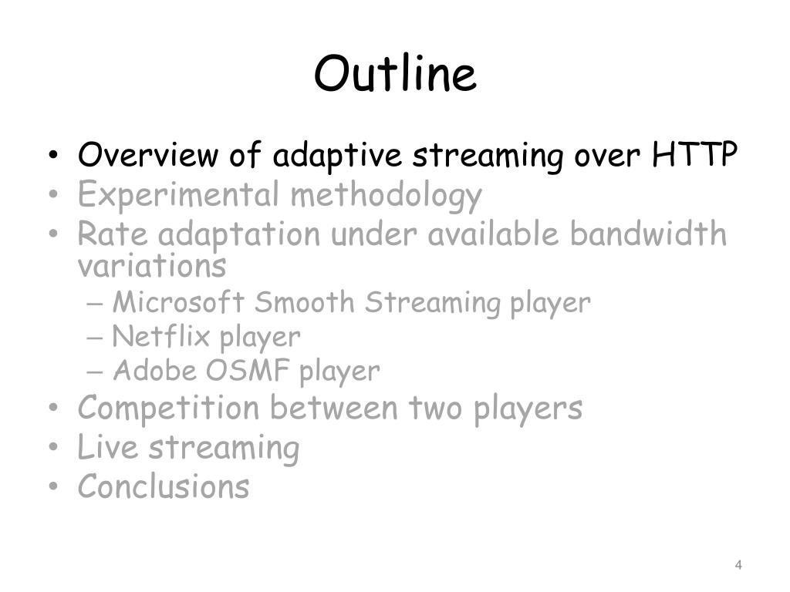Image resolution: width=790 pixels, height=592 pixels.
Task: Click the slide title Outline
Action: tap(395, 73)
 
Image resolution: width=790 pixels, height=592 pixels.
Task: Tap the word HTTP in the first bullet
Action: tap(694, 153)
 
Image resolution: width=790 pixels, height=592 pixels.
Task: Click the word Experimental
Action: tap(178, 195)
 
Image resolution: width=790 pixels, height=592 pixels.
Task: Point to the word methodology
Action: tap(387, 195)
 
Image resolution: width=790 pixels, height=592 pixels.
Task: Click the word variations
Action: tap(152, 265)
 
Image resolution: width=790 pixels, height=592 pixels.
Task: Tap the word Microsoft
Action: tap(179, 302)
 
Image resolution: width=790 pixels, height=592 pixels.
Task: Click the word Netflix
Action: tap(160, 336)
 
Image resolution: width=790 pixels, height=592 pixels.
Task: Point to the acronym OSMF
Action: tap(248, 371)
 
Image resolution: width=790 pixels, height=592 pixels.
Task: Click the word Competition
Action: tap(169, 407)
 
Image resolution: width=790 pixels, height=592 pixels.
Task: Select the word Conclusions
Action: tap(164, 486)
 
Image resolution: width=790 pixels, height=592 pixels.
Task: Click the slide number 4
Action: tap(738, 565)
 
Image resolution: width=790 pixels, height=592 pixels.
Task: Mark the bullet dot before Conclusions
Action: tap(53, 487)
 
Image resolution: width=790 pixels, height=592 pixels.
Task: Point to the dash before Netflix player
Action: tap(95, 338)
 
